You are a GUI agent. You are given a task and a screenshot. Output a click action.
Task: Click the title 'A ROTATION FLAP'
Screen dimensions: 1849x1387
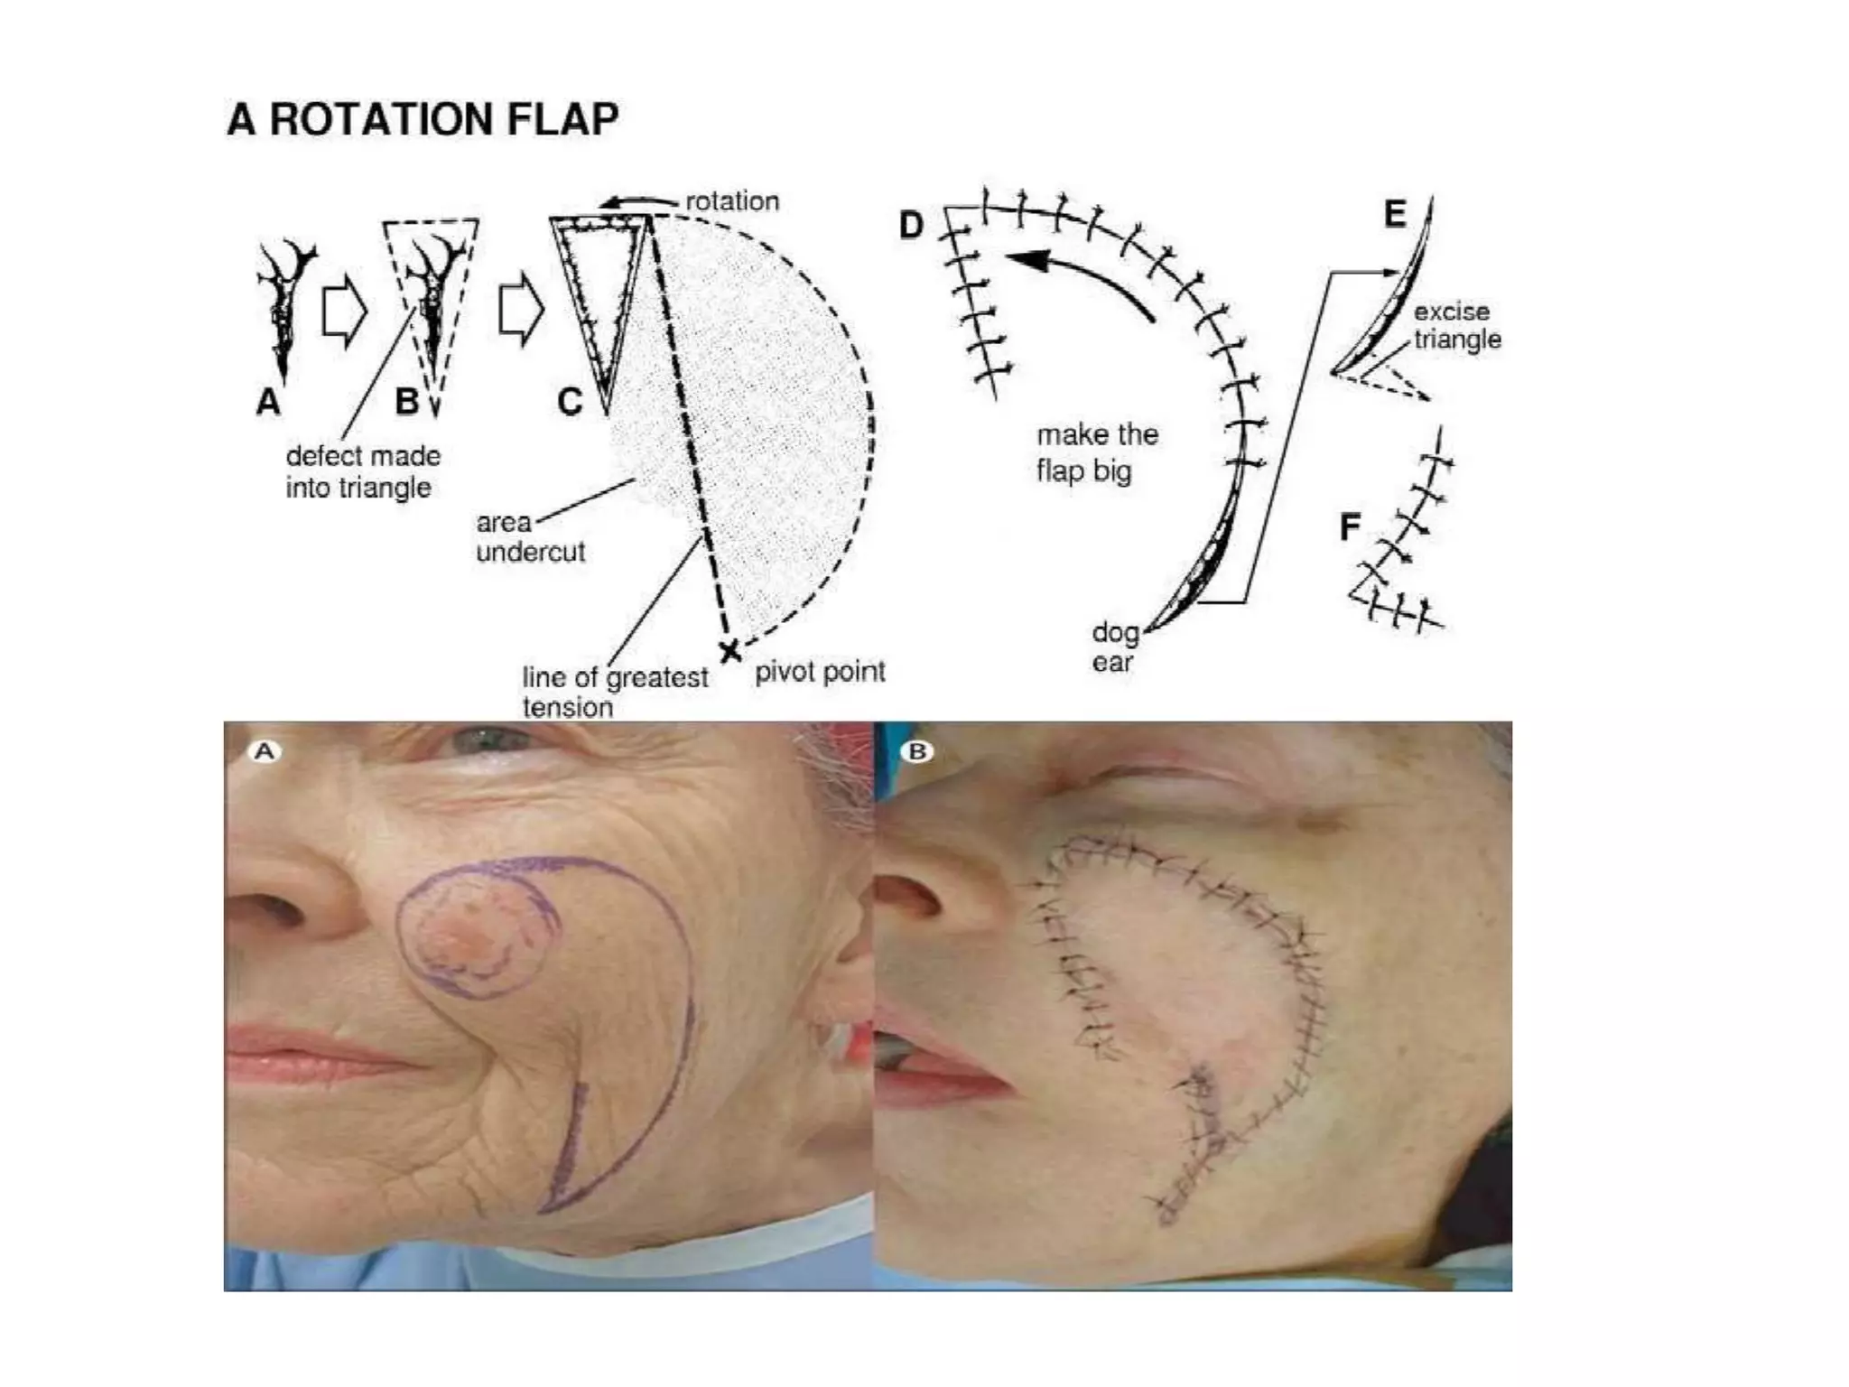tap(423, 119)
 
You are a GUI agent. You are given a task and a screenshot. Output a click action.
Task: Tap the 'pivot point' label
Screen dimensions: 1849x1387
tap(819, 671)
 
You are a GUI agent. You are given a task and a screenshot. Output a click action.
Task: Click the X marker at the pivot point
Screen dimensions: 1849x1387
tap(729, 650)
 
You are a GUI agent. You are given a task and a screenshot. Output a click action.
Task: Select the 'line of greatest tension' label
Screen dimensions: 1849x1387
tap(614, 692)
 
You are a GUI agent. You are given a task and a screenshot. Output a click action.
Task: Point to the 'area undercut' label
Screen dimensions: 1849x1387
tap(530, 536)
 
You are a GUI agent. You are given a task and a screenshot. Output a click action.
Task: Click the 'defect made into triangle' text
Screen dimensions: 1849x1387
tap(363, 471)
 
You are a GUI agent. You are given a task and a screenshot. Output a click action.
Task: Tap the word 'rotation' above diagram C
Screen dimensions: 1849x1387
tap(732, 200)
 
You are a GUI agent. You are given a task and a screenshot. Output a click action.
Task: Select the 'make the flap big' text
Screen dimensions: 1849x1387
tap(1096, 452)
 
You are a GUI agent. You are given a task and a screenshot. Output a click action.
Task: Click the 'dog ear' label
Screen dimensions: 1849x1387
tap(1114, 647)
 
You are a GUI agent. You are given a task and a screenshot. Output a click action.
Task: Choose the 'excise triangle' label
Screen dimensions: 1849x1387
tap(1456, 325)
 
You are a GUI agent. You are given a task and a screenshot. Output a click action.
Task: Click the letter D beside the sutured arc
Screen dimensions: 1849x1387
tap(911, 226)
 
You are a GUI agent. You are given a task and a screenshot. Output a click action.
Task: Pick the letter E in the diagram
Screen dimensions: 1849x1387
tap(1395, 214)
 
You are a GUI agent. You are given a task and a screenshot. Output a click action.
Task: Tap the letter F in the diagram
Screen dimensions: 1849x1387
tap(1350, 527)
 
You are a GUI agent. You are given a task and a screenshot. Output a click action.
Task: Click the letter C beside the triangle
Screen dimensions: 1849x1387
tap(570, 402)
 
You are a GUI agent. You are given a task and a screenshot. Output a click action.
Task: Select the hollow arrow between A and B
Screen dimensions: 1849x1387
tap(344, 312)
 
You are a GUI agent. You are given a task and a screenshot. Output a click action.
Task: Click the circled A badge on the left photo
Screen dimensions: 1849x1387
tap(265, 751)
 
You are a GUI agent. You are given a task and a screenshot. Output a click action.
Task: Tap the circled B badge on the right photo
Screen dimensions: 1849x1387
tap(917, 751)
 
